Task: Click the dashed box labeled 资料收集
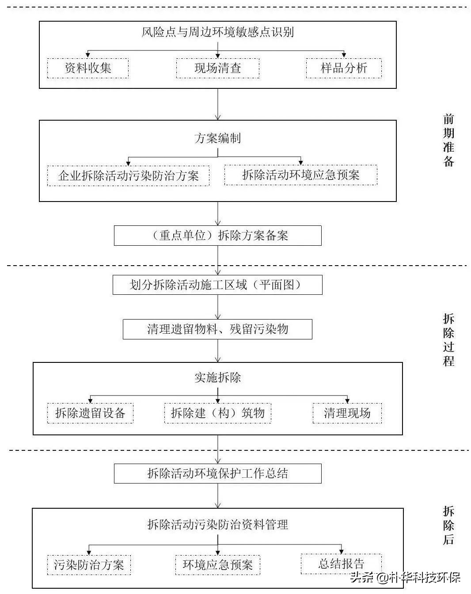point(88,68)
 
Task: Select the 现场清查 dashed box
point(217,68)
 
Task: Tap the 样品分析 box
point(343,68)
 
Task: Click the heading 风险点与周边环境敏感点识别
point(217,32)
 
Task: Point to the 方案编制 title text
point(217,138)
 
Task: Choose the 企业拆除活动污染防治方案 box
point(128,175)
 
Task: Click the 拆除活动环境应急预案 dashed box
point(300,175)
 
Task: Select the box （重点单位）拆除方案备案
point(217,236)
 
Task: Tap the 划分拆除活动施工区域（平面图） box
point(217,285)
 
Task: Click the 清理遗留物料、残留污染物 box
point(217,329)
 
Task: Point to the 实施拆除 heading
point(217,377)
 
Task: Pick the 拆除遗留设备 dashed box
point(90,413)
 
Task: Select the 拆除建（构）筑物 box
point(217,413)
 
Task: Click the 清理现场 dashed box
point(347,413)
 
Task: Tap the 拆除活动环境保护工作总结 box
point(217,474)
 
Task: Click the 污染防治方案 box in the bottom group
point(89,565)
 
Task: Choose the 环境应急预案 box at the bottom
point(217,565)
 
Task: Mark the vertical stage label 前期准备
point(448,141)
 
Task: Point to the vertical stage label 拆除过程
point(448,340)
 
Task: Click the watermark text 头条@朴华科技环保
point(405,577)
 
